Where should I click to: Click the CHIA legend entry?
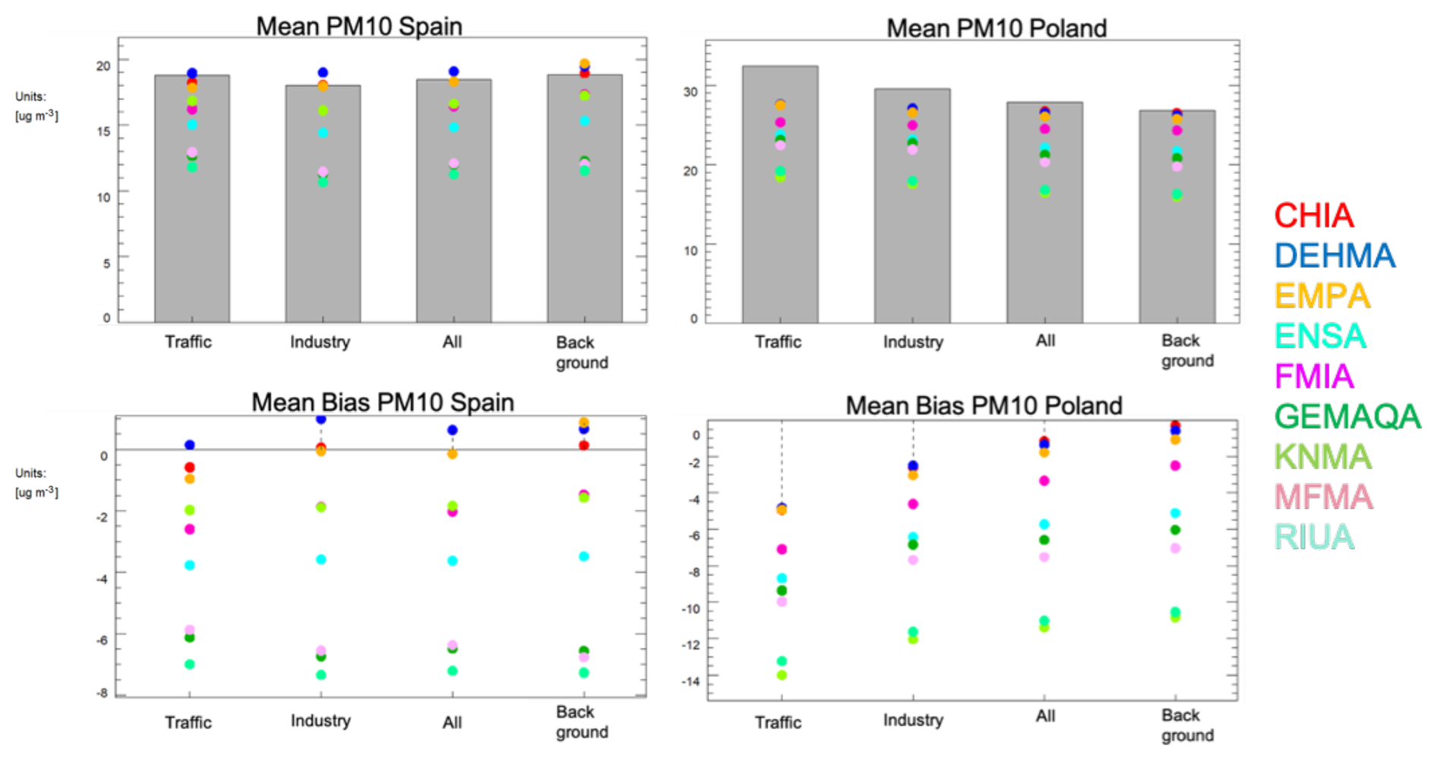(x=1313, y=216)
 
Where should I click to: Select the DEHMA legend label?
(x=1334, y=256)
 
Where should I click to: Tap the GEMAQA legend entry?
(x=1347, y=417)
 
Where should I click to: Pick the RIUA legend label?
(x=1314, y=537)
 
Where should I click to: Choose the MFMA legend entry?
(x=1323, y=497)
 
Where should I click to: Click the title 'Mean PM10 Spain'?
(x=358, y=27)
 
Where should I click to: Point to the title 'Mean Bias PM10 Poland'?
(x=984, y=406)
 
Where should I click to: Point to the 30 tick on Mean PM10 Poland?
(x=690, y=92)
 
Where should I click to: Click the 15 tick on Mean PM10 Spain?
(x=103, y=131)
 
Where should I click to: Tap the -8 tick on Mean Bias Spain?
(x=102, y=693)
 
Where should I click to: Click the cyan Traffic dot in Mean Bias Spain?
(x=190, y=565)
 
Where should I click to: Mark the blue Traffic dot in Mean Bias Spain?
(x=190, y=445)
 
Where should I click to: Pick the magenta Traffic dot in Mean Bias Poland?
(x=782, y=549)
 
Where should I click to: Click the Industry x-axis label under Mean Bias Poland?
(x=913, y=720)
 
